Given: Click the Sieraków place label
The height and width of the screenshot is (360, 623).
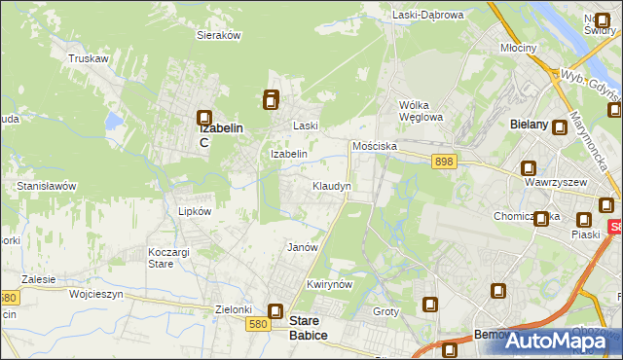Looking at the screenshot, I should click(219, 34).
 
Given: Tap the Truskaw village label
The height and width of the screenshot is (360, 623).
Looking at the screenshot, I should click(88, 58).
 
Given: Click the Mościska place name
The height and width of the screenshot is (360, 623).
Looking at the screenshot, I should click(375, 146).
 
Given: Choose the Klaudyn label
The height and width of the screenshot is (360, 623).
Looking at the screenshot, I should click(332, 185).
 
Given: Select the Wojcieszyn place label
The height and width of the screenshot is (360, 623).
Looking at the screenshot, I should click(93, 292).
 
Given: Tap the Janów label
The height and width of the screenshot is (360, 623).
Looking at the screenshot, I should click(303, 247).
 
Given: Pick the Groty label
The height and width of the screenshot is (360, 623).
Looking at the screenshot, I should click(386, 312).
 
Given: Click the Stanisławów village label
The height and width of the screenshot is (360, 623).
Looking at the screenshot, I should click(47, 185).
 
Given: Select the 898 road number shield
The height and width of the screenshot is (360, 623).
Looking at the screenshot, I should click(444, 162).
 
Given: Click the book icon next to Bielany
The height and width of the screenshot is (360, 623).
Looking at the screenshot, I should click(561, 126).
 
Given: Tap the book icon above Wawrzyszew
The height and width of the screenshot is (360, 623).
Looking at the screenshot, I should click(529, 167).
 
